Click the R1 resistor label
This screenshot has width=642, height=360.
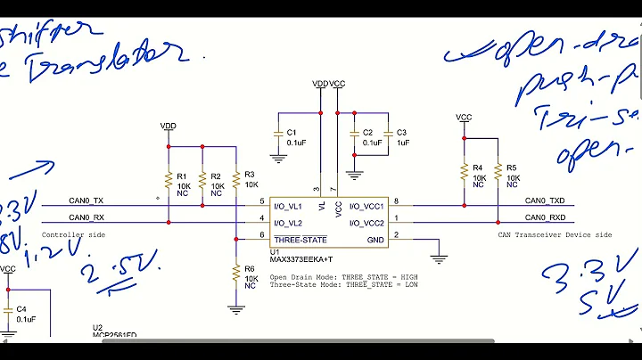click(x=181, y=176)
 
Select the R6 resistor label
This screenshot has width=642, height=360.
click(x=249, y=268)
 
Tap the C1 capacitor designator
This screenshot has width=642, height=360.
click(x=291, y=132)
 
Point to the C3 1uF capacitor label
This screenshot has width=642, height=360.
click(x=400, y=132)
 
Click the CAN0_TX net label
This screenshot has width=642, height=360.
click(x=86, y=200)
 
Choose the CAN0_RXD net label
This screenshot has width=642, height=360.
click(x=545, y=217)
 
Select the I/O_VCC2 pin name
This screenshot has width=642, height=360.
click(x=366, y=222)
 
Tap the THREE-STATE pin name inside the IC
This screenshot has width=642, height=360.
click(x=300, y=240)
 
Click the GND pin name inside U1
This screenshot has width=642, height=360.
click(x=374, y=240)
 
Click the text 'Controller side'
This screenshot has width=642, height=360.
click(x=73, y=234)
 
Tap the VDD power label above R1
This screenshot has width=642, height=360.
click(x=168, y=126)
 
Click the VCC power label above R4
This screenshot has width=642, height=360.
click(x=464, y=117)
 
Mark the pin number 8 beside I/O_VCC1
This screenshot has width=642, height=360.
click(x=396, y=201)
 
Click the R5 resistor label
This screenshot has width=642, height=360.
click(x=511, y=168)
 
